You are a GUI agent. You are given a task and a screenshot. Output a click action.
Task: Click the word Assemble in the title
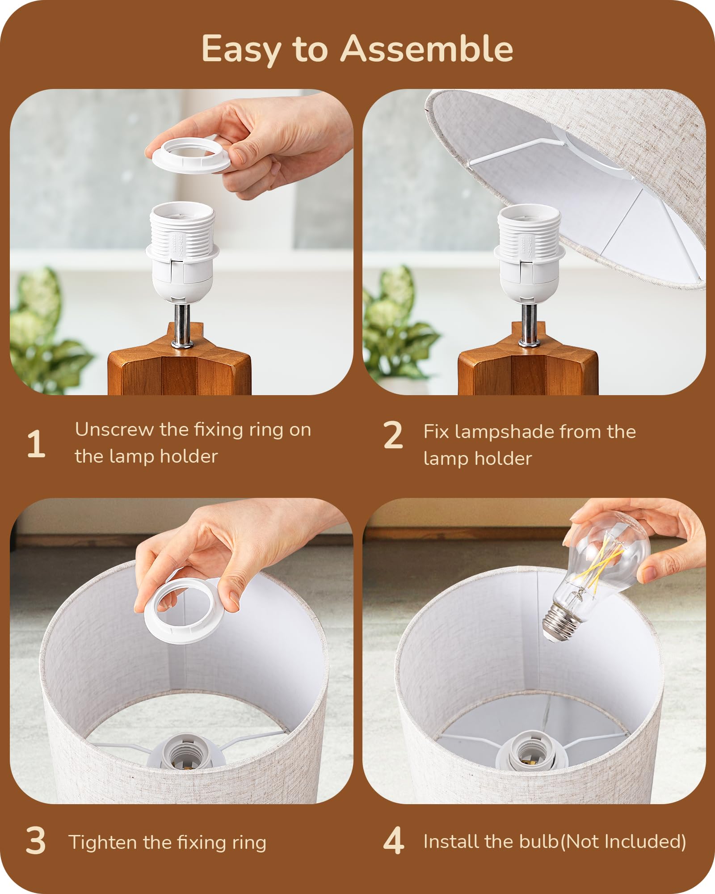click(427, 49)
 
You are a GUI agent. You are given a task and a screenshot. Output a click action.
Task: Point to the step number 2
click(393, 434)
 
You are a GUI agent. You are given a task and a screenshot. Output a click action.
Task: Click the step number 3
click(36, 841)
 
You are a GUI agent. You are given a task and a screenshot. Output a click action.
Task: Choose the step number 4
click(394, 840)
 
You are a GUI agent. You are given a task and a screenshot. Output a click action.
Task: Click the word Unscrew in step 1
click(114, 430)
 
